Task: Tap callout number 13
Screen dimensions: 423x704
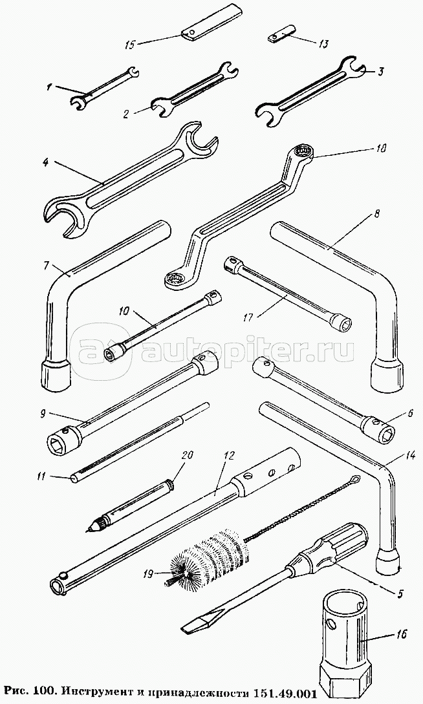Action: (x=323, y=44)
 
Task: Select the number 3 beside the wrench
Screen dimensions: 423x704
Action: (x=380, y=71)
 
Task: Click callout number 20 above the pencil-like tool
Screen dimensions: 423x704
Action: (x=187, y=455)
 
